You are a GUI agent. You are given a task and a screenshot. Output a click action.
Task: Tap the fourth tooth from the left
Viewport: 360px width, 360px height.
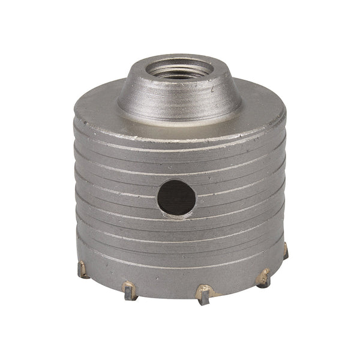[x=263, y=277]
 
